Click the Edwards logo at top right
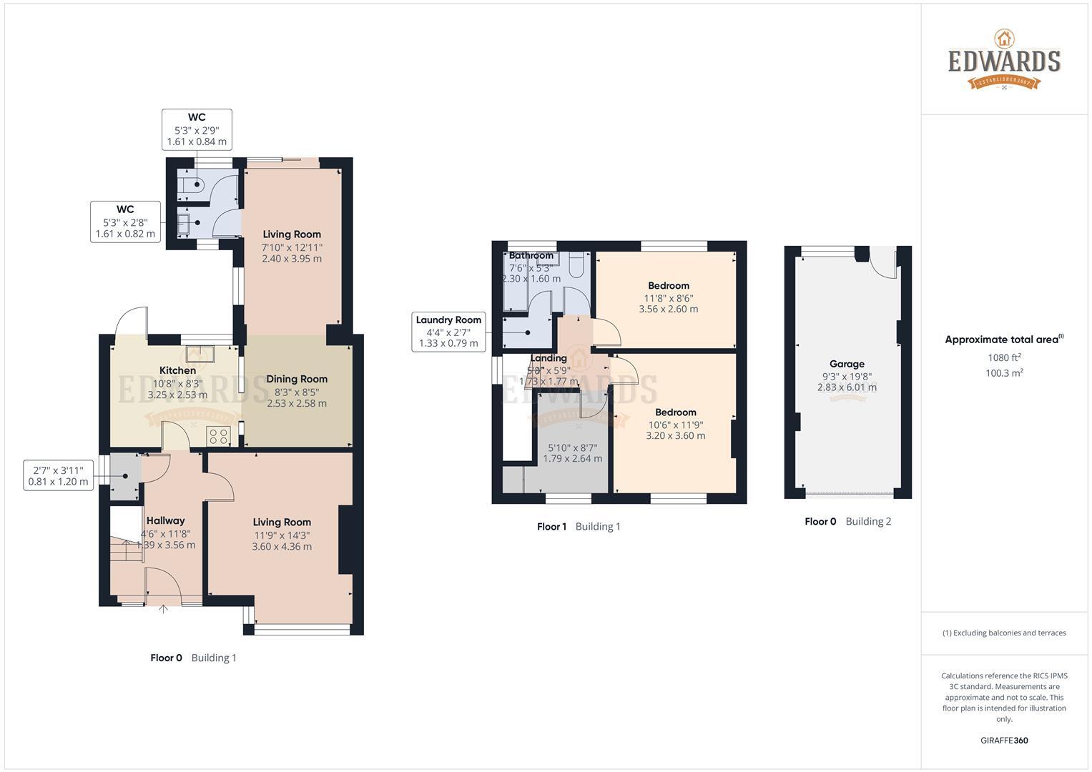[x=1004, y=60]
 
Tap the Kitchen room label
[x=177, y=370]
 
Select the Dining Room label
[x=297, y=379]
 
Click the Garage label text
[x=847, y=364]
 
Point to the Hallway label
[x=165, y=520]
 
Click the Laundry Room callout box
[x=448, y=332]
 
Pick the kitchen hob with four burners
[x=218, y=435]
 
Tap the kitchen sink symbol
[x=200, y=353]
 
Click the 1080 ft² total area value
[x=1004, y=357]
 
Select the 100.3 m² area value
[x=1004, y=373]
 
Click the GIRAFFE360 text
[x=1004, y=741]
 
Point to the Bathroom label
[x=531, y=255]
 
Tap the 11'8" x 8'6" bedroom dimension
[x=669, y=298]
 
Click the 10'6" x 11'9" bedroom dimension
[x=675, y=424]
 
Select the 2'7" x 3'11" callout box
[x=59, y=476]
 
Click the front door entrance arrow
[x=163, y=610]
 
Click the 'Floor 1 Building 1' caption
[x=579, y=527]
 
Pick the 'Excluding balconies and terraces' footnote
[x=1004, y=633]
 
